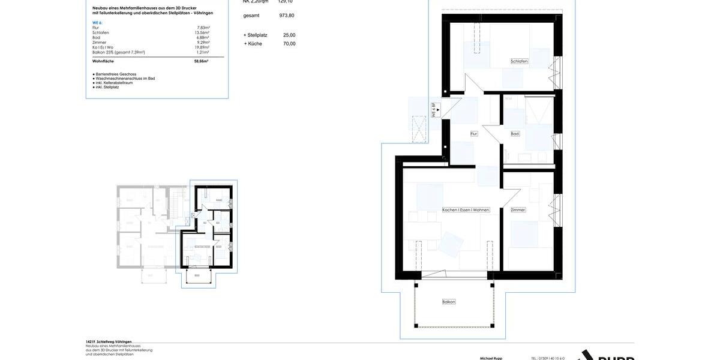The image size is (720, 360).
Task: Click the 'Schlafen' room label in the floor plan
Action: pyautogui.click(x=519, y=61)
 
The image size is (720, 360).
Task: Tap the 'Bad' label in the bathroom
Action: pyautogui.click(x=515, y=134)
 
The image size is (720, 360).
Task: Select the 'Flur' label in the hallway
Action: pyautogui.click(x=473, y=134)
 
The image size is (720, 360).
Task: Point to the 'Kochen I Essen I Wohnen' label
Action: pyautogui.click(x=466, y=210)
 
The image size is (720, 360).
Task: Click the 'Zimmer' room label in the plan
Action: pyautogui.click(x=518, y=210)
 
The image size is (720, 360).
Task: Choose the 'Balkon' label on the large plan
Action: pyautogui.click(x=449, y=302)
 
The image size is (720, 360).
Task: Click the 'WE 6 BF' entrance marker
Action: pyautogui.click(x=434, y=110)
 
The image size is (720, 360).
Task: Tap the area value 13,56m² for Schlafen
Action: pyautogui.click(x=202, y=32)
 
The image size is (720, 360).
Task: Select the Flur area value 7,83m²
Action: pyautogui.click(x=203, y=28)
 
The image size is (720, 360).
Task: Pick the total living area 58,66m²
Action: pyautogui.click(x=201, y=61)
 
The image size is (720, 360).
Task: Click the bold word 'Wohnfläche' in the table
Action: pyautogui.click(x=103, y=61)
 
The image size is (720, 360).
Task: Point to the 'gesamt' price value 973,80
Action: pyautogui.click(x=287, y=16)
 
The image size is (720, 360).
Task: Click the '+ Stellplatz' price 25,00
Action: pyautogui.click(x=289, y=35)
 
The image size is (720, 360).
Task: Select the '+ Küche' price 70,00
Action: pyautogui.click(x=289, y=44)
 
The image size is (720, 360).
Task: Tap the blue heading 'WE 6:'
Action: pyautogui.click(x=97, y=23)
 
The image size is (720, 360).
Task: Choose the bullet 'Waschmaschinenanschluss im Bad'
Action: pyautogui.click(x=125, y=79)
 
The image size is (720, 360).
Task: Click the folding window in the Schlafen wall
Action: pyautogui.click(x=557, y=72)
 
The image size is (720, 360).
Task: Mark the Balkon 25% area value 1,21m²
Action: pyautogui.click(x=203, y=52)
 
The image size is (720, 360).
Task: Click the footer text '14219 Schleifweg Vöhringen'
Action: pyautogui.click(x=109, y=341)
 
